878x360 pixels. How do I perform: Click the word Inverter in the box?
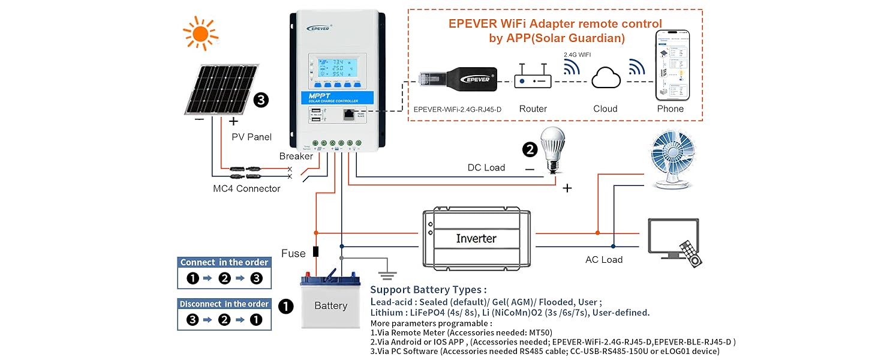[476, 238]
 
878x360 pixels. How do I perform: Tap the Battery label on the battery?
[330, 306]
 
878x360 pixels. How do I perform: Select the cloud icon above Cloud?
[605, 79]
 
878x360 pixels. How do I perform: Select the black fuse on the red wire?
[316, 252]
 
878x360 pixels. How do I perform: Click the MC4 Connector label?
[246, 188]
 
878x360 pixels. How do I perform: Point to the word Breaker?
[296, 156]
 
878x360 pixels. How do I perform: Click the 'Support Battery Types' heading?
[428, 290]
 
